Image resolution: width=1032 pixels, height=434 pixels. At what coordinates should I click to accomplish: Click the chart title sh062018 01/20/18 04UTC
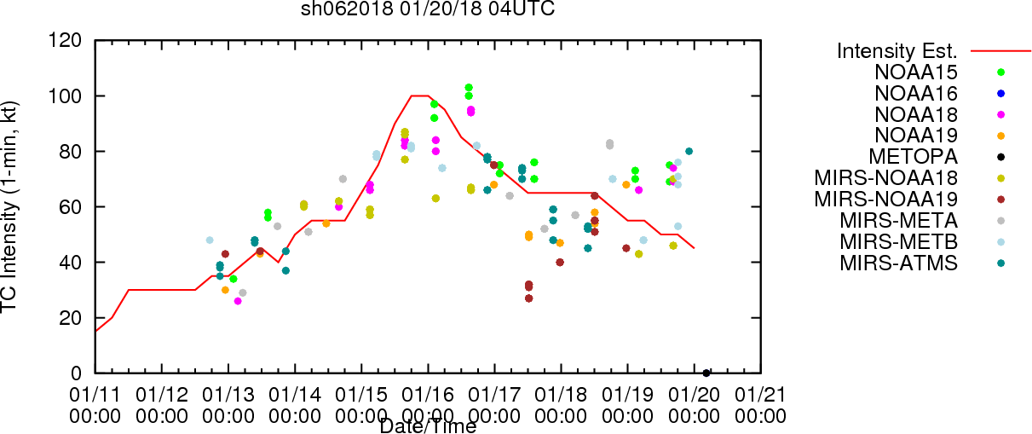428,9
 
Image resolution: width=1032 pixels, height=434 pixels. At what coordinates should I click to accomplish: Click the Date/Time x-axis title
428,426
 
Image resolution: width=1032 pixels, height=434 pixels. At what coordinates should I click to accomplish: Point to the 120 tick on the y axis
65,41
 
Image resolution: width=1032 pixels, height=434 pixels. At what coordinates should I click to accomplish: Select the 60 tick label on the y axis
71,207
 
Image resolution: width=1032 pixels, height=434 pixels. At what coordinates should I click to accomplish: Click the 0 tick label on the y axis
77,373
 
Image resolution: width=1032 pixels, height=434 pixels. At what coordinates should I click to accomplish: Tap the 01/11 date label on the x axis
95,395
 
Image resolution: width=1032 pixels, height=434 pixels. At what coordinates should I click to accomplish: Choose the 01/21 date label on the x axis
760,395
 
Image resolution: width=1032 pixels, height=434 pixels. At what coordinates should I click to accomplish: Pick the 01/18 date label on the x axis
561,395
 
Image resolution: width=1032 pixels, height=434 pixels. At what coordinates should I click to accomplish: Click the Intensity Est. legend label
897,51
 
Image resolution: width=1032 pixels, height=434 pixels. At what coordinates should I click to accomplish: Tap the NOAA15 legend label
916,72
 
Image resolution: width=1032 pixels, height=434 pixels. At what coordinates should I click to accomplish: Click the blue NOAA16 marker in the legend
1000,94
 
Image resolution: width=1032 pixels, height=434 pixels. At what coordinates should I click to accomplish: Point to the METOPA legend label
914,157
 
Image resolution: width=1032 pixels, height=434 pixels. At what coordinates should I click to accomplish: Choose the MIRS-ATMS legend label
898,263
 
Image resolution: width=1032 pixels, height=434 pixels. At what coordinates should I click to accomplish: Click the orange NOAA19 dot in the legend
1000,136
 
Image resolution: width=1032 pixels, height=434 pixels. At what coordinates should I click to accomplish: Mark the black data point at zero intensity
706,373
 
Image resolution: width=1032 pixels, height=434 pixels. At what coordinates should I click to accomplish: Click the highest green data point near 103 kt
469,88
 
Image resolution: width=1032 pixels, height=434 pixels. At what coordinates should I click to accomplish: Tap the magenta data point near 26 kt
238,301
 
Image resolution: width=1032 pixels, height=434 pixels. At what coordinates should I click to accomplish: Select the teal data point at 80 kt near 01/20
689,151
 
